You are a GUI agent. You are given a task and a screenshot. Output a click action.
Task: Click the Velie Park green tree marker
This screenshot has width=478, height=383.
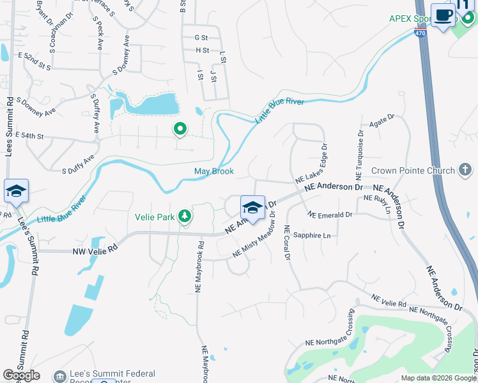point(185,216)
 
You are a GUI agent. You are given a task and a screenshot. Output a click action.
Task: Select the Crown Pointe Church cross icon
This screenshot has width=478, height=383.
point(466,170)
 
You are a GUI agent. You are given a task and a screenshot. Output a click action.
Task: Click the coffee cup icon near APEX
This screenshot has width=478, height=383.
point(442,15)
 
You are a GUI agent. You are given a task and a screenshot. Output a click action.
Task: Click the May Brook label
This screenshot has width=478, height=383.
point(214,171)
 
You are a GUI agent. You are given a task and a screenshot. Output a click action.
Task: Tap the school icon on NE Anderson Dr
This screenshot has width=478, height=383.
point(252,207)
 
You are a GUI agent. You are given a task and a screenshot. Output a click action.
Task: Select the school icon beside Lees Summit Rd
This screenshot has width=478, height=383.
point(16,191)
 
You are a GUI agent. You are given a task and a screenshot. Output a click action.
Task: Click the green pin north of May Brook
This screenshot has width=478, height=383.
point(180,130)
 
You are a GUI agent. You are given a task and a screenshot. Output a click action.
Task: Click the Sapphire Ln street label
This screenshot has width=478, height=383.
point(312,236)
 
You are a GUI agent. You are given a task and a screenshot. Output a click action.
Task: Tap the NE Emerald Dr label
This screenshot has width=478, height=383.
point(330,215)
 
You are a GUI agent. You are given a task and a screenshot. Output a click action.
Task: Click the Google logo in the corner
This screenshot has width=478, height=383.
point(21,375)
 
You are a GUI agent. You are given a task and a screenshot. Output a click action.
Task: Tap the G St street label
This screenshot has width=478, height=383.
point(201,38)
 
